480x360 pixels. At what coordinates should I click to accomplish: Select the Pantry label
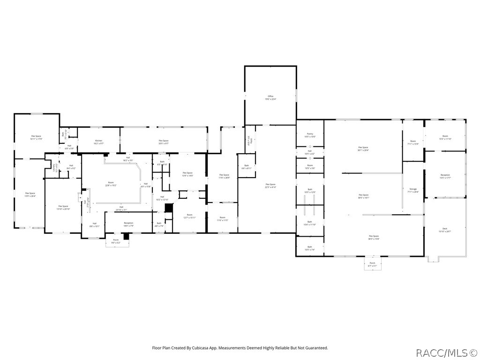[x=310, y=135]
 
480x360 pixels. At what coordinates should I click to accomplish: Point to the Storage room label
[x=413, y=190]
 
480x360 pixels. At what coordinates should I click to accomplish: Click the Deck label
[x=445, y=230]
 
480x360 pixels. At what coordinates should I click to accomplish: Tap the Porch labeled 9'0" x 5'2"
[x=116, y=241]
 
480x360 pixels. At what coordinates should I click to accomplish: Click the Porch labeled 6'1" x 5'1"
[x=373, y=264]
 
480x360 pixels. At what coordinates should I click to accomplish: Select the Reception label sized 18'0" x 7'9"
[x=128, y=224]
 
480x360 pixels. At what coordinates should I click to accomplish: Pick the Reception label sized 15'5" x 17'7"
[x=445, y=176]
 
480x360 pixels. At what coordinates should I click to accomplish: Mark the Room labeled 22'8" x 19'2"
[x=111, y=184]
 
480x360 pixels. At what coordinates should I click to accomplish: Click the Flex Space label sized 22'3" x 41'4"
[x=270, y=186]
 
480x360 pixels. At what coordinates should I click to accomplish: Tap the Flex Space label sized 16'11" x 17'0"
[x=36, y=137]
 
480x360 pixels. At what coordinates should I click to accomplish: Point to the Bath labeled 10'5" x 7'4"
[x=309, y=248]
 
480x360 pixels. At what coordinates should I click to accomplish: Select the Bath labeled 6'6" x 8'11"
[x=247, y=166]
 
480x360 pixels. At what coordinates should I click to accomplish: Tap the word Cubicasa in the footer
[x=210, y=348]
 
